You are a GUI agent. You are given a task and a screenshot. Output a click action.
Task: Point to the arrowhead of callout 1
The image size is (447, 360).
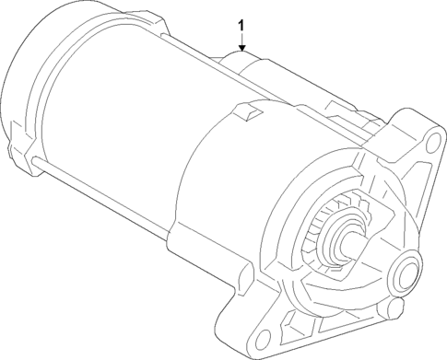[241, 50]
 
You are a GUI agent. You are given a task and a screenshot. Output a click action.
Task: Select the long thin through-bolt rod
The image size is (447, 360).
[120, 199]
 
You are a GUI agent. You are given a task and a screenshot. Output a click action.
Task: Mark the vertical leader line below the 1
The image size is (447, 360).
[241, 40]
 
